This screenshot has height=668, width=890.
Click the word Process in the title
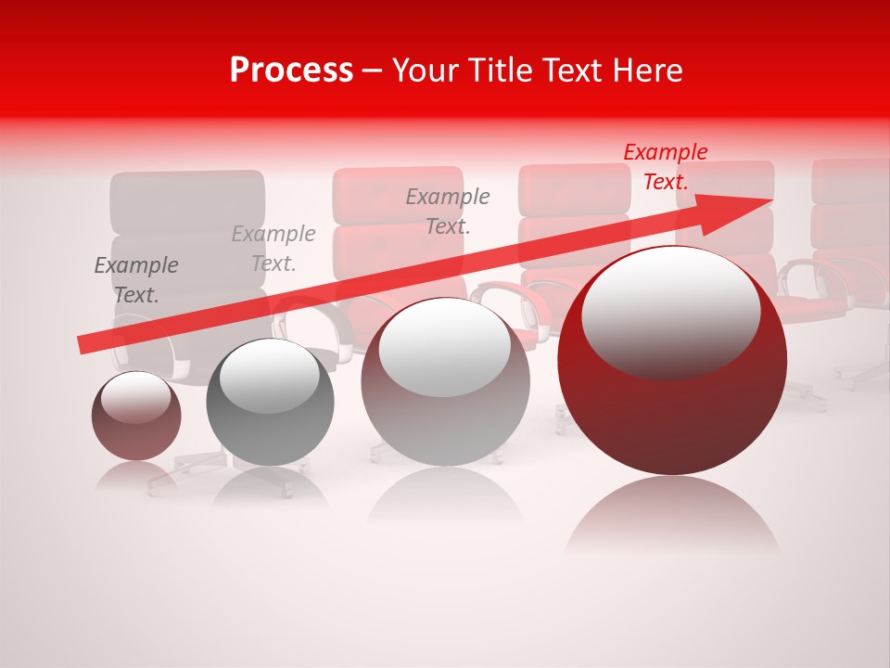pos(291,71)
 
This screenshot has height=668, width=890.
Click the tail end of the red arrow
pos(83,345)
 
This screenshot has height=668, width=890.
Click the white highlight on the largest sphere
pos(670,311)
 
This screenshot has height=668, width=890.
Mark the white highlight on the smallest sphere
pos(135,396)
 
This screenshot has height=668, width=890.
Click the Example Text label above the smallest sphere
pos(136,280)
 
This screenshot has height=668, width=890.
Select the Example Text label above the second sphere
pos(273,249)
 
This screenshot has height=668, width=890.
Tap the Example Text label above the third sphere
pos(448,211)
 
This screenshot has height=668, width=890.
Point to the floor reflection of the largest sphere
pos(672,515)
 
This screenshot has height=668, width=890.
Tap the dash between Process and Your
pos(373,71)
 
